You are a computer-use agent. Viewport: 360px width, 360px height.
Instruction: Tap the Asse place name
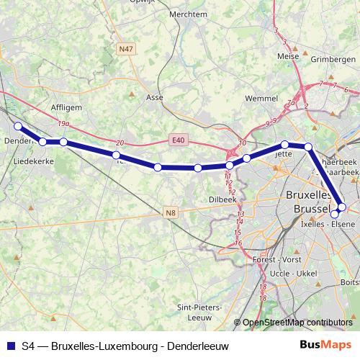point(154,96)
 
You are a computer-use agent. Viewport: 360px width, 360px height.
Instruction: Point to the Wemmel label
point(261,97)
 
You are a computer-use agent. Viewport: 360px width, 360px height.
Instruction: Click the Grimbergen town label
point(333,60)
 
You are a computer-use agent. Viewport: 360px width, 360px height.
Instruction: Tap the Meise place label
point(288,55)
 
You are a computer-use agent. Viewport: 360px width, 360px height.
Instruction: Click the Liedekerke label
point(35,162)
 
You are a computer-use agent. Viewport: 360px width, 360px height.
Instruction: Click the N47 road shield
point(126,48)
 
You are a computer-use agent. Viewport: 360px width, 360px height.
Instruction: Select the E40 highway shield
point(179,139)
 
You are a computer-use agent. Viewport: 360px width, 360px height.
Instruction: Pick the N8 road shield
point(171,212)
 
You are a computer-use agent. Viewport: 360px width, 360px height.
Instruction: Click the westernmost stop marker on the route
point(18,127)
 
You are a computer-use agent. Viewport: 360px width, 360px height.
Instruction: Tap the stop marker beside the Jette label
point(285,145)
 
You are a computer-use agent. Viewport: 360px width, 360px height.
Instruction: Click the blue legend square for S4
point(11,346)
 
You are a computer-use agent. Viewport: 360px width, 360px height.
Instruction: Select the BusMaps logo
point(325,345)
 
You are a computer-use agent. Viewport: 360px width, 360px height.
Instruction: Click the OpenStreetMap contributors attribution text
point(297,323)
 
